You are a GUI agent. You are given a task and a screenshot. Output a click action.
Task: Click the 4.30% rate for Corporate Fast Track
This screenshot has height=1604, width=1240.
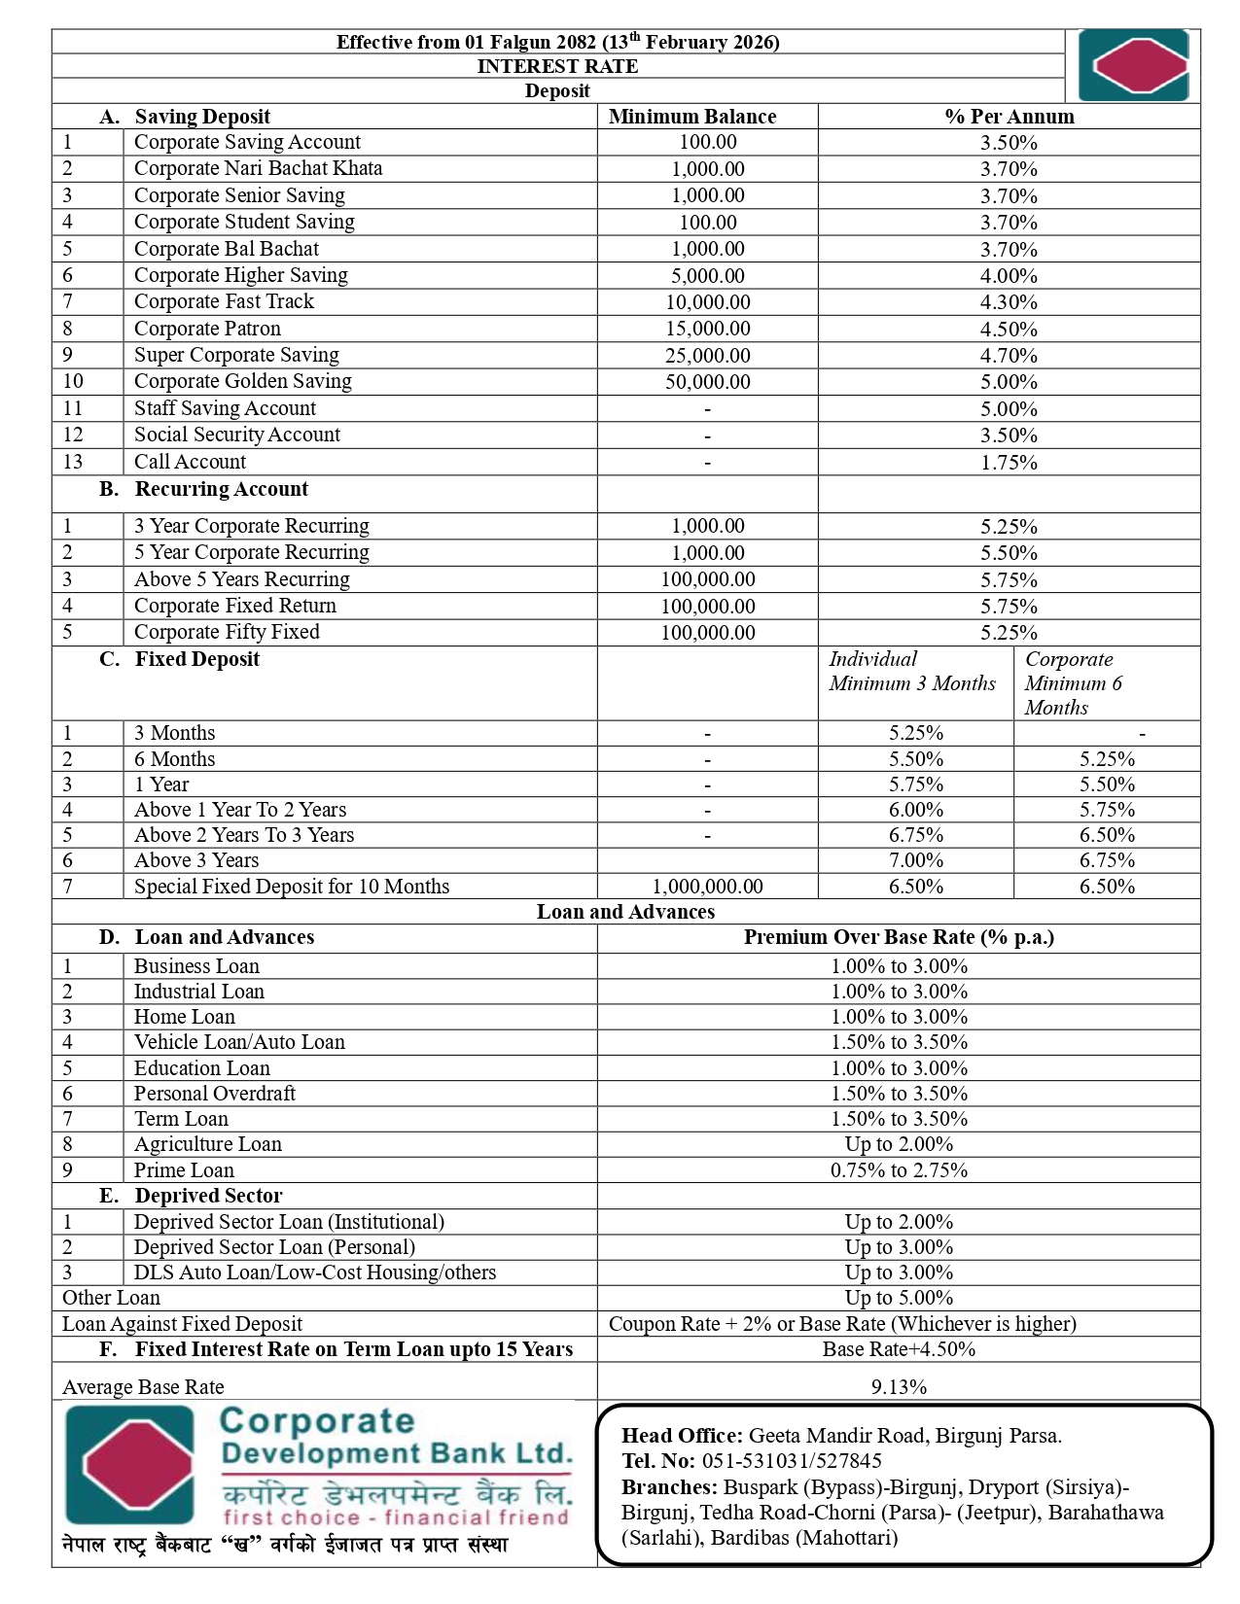(x=1009, y=302)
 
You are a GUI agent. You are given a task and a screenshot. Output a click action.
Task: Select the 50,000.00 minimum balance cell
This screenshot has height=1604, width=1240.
(x=707, y=382)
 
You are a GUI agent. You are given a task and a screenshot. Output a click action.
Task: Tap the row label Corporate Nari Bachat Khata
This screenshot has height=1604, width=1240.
(x=258, y=168)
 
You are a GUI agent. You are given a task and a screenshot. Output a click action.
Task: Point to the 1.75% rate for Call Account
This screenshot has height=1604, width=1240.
(x=1009, y=463)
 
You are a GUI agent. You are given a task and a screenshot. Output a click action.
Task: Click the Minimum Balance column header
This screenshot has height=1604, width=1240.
(x=691, y=117)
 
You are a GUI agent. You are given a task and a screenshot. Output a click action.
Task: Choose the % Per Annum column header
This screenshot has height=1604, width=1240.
(x=1009, y=117)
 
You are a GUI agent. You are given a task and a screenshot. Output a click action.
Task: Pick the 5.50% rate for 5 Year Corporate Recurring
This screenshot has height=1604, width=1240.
(x=1009, y=553)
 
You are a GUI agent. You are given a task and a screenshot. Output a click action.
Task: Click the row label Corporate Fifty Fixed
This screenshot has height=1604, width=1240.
(x=227, y=632)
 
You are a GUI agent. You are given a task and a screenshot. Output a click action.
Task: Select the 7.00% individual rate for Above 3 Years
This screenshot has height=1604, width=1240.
(x=915, y=860)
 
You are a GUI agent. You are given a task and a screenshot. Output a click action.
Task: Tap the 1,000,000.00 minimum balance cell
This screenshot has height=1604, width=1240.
(x=707, y=887)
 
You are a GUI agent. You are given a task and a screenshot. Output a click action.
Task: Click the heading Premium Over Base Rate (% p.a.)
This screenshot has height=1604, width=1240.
(x=899, y=937)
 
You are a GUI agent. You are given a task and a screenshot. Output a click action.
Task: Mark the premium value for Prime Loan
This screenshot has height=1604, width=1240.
(x=899, y=1170)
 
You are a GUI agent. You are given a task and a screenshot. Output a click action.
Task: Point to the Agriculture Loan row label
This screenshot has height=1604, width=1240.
(x=207, y=1144)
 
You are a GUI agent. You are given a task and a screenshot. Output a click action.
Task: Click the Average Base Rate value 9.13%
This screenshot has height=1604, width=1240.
(x=899, y=1387)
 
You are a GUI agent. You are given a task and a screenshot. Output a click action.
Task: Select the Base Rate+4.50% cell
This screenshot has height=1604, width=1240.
(x=899, y=1349)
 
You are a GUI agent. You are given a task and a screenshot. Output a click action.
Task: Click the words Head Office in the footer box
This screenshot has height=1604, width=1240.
(x=682, y=1436)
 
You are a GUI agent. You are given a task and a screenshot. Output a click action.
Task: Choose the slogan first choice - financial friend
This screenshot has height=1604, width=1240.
(x=396, y=1517)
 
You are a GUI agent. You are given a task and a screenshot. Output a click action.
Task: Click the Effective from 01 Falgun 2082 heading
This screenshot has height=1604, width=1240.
(x=557, y=42)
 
